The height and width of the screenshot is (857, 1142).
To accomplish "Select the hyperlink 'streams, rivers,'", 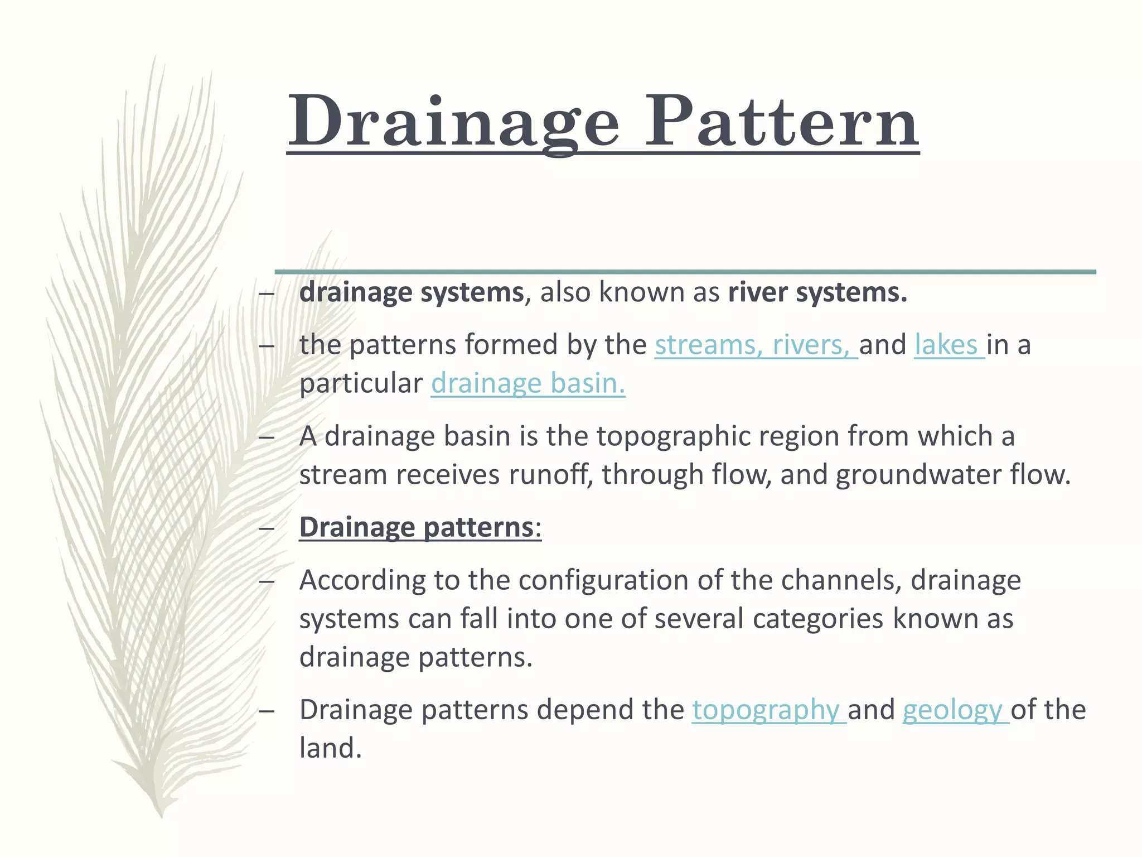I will pyautogui.click(x=755, y=345).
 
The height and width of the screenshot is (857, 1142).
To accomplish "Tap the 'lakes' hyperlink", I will pyautogui.click(x=948, y=345).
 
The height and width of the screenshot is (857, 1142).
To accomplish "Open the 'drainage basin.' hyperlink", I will pyautogui.click(x=528, y=384).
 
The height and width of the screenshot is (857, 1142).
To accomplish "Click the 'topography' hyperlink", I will pyautogui.click(x=768, y=710).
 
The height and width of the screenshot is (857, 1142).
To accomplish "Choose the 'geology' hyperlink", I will pyautogui.click(x=955, y=710).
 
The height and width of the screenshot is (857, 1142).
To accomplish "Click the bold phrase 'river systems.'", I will pyautogui.click(x=817, y=292).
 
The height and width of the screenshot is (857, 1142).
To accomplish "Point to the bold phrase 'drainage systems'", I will pyautogui.click(x=411, y=292).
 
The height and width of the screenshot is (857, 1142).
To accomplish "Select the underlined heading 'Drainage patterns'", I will pyautogui.click(x=417, y=527).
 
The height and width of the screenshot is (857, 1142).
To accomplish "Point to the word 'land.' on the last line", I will pyautogui.click(x=330, y=748).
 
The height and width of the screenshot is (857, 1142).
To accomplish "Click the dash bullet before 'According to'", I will pyautogui.click(x=267, y=581).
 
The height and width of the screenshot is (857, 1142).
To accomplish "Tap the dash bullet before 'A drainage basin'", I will pyautogui.click(x=267, y=437).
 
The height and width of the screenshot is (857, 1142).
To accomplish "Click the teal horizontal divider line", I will pyautogui.click(x=685, y=272).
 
